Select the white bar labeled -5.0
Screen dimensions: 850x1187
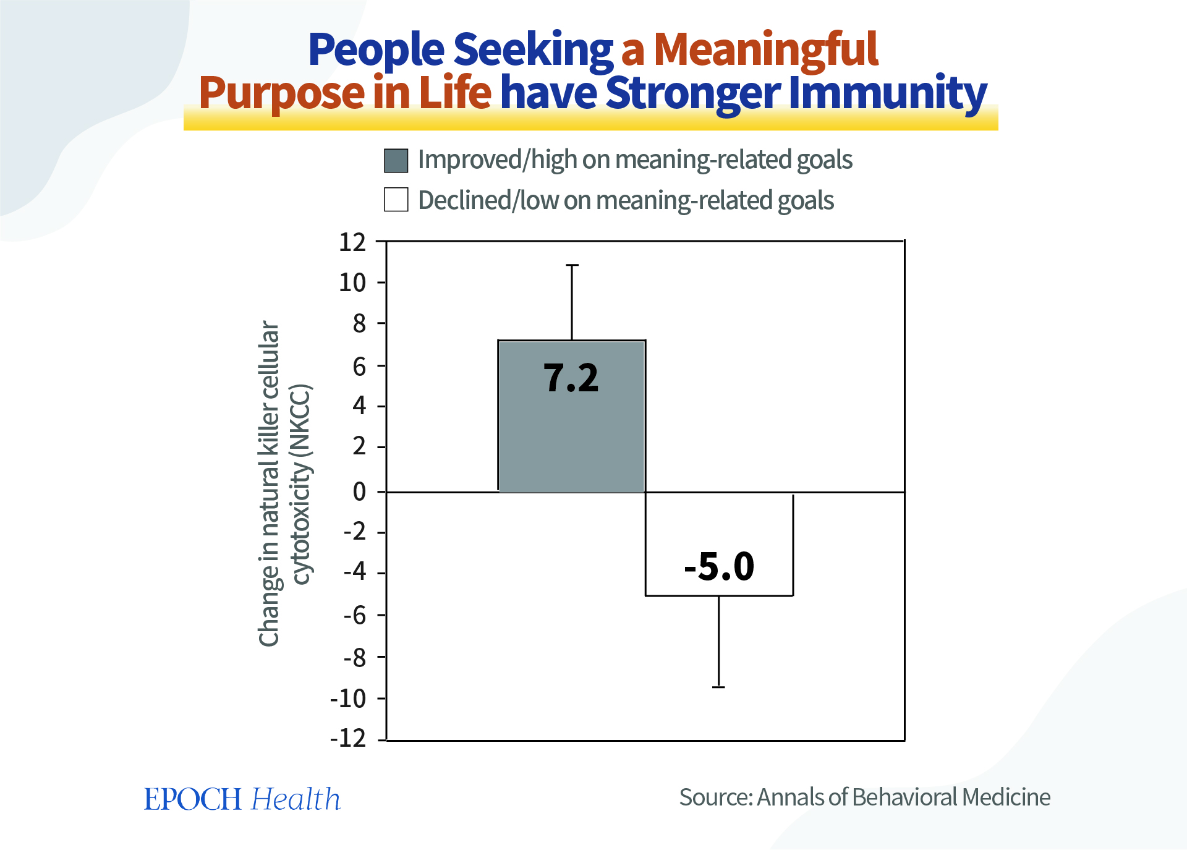click(x=719, y=525)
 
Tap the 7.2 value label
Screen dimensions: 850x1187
click(x=571, y=378)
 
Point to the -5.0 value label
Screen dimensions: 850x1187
click(x=719, y=566)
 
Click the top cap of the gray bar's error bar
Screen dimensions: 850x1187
click(x=572, y=265)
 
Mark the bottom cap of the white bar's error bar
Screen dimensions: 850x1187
click(x=718, y=687)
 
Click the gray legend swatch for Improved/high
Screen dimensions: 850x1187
click(x=396, y=161)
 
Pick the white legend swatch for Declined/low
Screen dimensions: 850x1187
click(x=396, y=200)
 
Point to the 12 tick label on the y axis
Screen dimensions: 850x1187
click(x=352, y=242)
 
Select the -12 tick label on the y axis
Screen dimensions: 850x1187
click(x=348, y=738)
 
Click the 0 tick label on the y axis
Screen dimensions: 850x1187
click(x=359, y=492)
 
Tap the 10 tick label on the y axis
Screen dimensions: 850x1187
click(x=352, y=283)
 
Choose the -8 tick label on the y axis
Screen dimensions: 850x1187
click(x=355, y=658)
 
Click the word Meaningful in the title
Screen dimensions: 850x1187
click(x=765, y=49)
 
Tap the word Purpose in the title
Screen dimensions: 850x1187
click(x=282, y=93)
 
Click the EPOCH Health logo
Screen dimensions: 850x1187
click(x=242, y=799)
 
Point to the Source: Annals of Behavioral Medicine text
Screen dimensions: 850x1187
click(x=864, y=797)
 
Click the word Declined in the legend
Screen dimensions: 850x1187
click(x=464, y=200)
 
